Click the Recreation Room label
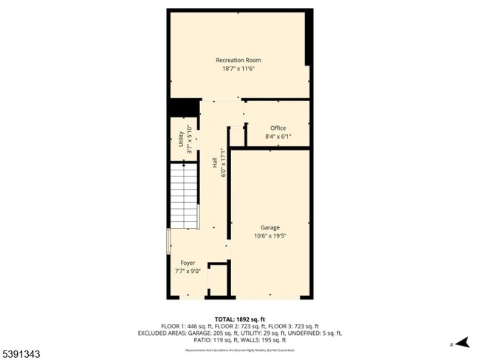coord(238,60)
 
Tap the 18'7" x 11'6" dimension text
coord(238,69)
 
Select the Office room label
coord(278,128)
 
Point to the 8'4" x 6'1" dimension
coord(278,136)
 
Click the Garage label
coord(270,227)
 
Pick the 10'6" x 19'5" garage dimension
coord(270,236)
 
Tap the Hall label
coord(215,170)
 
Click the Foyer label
coord(188,263)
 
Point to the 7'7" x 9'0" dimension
coord(188,271)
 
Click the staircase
coord(184,197)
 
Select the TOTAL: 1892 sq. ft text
coord(239,319)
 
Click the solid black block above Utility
coord(182,108)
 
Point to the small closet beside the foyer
coord(218,280)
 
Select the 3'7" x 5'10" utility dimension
coord(190,139)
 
